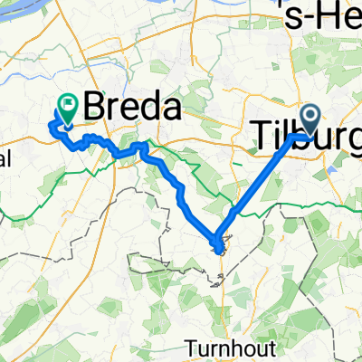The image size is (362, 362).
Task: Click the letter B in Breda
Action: pyautogui.click(x=95, y=108)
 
